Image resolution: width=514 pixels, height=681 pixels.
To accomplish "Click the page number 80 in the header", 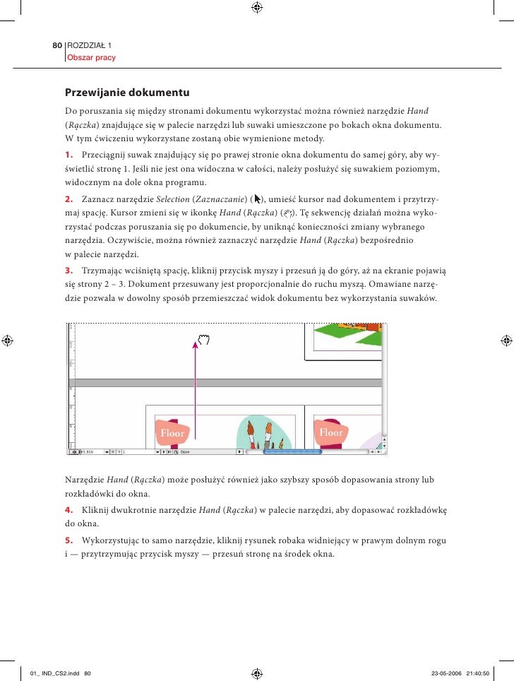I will (x=58, y=45).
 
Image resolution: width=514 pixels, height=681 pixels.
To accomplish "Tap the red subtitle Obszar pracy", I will (x=91, y=57).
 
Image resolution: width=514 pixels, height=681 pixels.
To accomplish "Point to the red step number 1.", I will (x=68, y=155).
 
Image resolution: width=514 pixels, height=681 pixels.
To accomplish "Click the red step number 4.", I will (x=68, y=509).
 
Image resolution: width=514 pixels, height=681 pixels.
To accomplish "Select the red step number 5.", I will (x=68, y=540).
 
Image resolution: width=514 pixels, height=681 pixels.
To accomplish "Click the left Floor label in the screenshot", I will (x=172, y=433).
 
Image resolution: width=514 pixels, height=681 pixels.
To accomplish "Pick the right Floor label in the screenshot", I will (x=330, y=432).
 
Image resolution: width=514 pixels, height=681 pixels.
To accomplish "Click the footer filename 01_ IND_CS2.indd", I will (x=51, y=653).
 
